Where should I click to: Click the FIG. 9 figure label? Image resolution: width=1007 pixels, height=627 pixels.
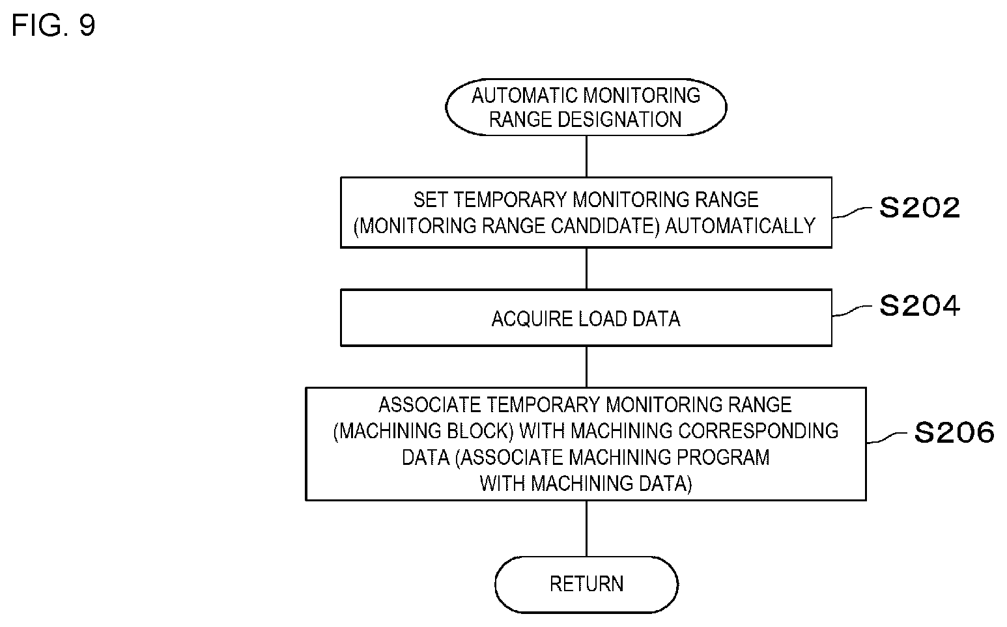53,25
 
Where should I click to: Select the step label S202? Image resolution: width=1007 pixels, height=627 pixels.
919,208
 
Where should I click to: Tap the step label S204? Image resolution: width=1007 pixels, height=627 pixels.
919,306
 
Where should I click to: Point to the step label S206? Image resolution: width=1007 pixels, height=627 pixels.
954,433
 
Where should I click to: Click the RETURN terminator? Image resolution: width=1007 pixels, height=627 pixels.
586,584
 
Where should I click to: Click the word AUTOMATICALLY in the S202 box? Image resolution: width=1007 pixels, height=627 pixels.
740,226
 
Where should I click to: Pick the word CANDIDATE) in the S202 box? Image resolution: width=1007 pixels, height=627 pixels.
605,226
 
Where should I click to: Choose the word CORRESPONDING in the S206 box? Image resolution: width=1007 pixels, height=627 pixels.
758,431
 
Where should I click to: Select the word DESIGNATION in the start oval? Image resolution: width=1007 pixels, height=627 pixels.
619,120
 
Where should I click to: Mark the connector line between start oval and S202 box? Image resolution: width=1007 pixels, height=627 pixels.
586,156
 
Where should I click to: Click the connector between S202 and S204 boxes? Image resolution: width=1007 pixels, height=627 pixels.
586,269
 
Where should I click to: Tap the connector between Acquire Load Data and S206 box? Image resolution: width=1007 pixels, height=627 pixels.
586,367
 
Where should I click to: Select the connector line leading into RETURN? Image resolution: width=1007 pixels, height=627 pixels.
586,529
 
